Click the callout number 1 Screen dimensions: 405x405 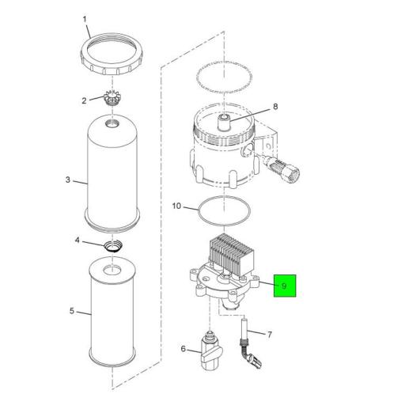(85, 20)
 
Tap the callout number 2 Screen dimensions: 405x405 (84, 100)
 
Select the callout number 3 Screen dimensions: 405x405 (68, 180)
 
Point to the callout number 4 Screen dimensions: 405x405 (77, 240)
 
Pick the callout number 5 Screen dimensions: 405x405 (72, 311)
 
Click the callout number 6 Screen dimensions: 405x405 (184, 349)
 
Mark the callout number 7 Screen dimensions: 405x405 (269, 335)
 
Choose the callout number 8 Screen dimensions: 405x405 (275, 107)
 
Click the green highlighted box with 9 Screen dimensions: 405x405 (285, 286)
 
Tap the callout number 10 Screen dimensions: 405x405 (176, 206)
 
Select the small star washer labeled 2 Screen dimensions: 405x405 (112, 98)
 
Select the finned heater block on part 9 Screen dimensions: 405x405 (231, 254)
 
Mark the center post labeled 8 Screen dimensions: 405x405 (225, 122)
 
